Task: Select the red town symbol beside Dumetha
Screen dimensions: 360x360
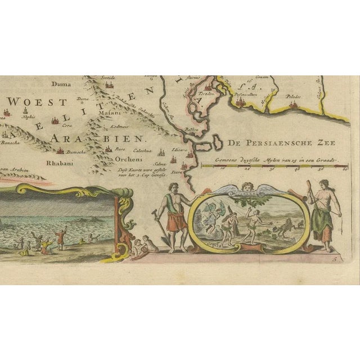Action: [x=60, y=150]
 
